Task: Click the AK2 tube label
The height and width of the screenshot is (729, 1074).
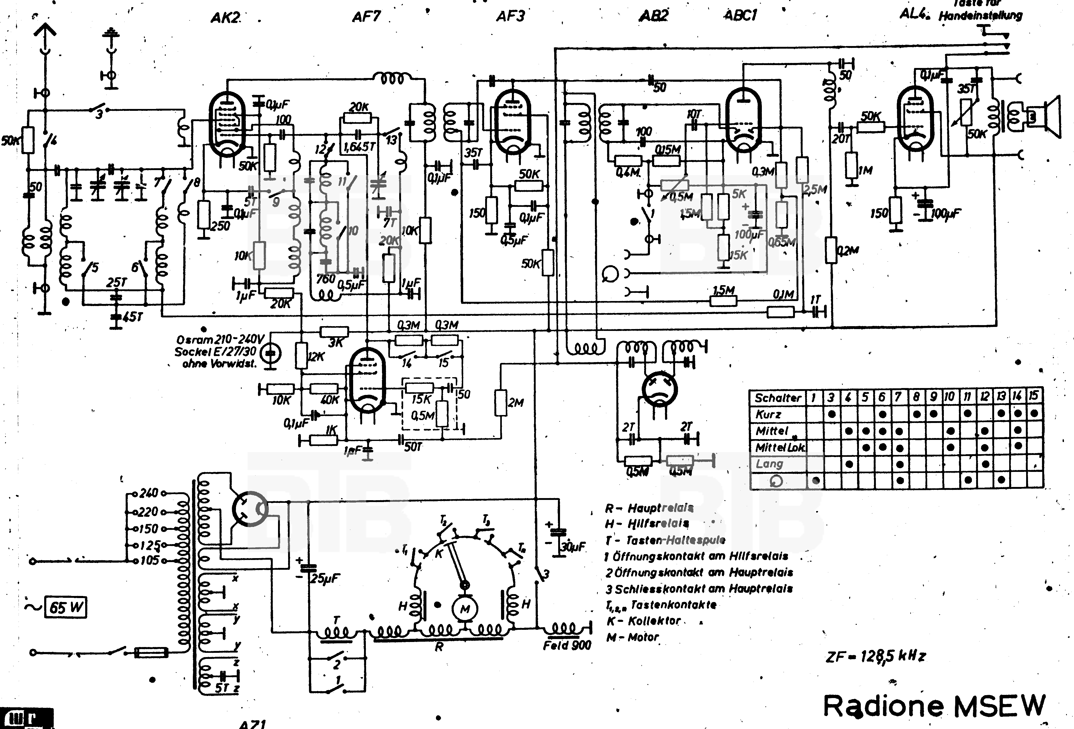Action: [x=226, y=17]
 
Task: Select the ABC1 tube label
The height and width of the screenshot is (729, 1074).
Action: [x=740, y=16]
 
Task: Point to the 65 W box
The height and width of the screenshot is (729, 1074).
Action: [x=65, y=607]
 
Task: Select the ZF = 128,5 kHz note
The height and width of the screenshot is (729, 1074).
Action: [x=876, y=656]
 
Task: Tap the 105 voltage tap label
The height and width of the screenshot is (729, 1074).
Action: [x=149, y=561]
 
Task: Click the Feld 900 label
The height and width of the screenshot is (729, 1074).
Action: [x=567, y=645]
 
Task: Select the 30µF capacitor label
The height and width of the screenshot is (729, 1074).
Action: [x=573, y=547]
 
